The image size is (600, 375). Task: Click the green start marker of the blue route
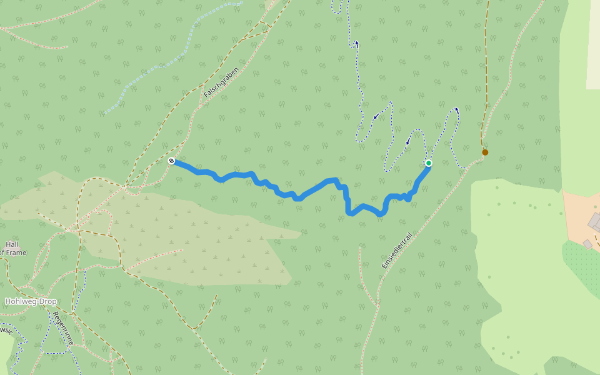point(429,163)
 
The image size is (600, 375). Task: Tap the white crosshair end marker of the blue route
point(171,161)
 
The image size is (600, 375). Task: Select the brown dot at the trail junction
point(485,152)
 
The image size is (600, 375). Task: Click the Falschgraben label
point(221,82)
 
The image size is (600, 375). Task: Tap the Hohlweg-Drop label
point(31,301)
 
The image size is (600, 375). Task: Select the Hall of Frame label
point(12,248)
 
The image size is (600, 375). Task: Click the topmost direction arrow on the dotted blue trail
point(356,44)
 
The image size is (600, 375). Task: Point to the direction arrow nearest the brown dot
point(457,110)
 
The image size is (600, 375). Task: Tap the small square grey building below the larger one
point(587,244)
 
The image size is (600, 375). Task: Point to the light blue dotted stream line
point(169,62)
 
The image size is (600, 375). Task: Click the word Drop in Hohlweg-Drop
point(46,301)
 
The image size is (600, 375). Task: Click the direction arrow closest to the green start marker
point(407,141)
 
